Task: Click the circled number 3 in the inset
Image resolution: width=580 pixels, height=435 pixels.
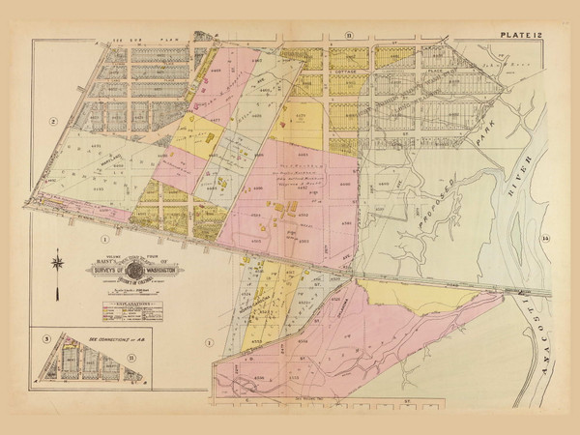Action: click(x=46, y=339)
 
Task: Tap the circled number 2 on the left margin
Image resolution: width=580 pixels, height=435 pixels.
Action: click(x=55, y=120)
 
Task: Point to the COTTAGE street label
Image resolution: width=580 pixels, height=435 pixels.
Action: click(x=346, y=72)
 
